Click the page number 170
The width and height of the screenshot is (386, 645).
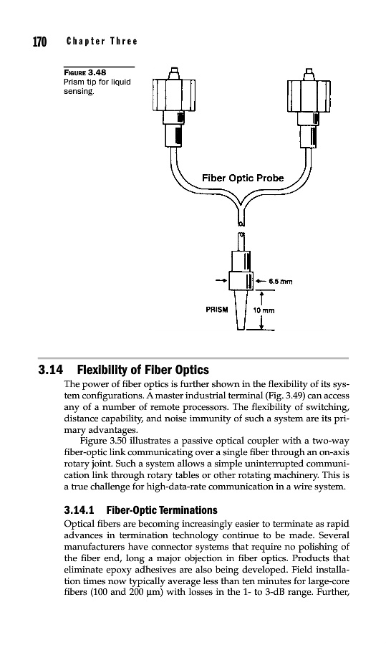click(x=40, y=42)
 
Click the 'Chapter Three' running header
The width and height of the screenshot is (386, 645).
click(x=102, y=41)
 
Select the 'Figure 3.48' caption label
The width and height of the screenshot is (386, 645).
click(x=85, y=72)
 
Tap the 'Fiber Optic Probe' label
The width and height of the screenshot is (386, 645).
click(x=243, y=178)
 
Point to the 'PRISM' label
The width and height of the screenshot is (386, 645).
click(x=217, y=310)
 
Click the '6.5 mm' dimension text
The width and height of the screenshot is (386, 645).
click(x=280, y=282)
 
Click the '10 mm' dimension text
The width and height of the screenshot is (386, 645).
click(x=264, y=310)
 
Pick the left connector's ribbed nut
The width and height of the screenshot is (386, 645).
click(x=173, y=95)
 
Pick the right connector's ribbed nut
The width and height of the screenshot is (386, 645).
click(x=309, y=95)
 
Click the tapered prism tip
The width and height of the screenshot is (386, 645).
click(x=241, y=310)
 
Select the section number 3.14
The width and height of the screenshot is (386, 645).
click(x=51, y=371)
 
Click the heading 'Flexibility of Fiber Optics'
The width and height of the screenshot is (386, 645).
click(x=143, y=371)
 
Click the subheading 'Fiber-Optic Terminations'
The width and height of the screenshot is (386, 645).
click(x=162, y=510)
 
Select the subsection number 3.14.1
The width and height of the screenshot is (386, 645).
click(x=79, y=510)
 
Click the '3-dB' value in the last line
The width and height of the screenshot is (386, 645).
click(x=293, y=593)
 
